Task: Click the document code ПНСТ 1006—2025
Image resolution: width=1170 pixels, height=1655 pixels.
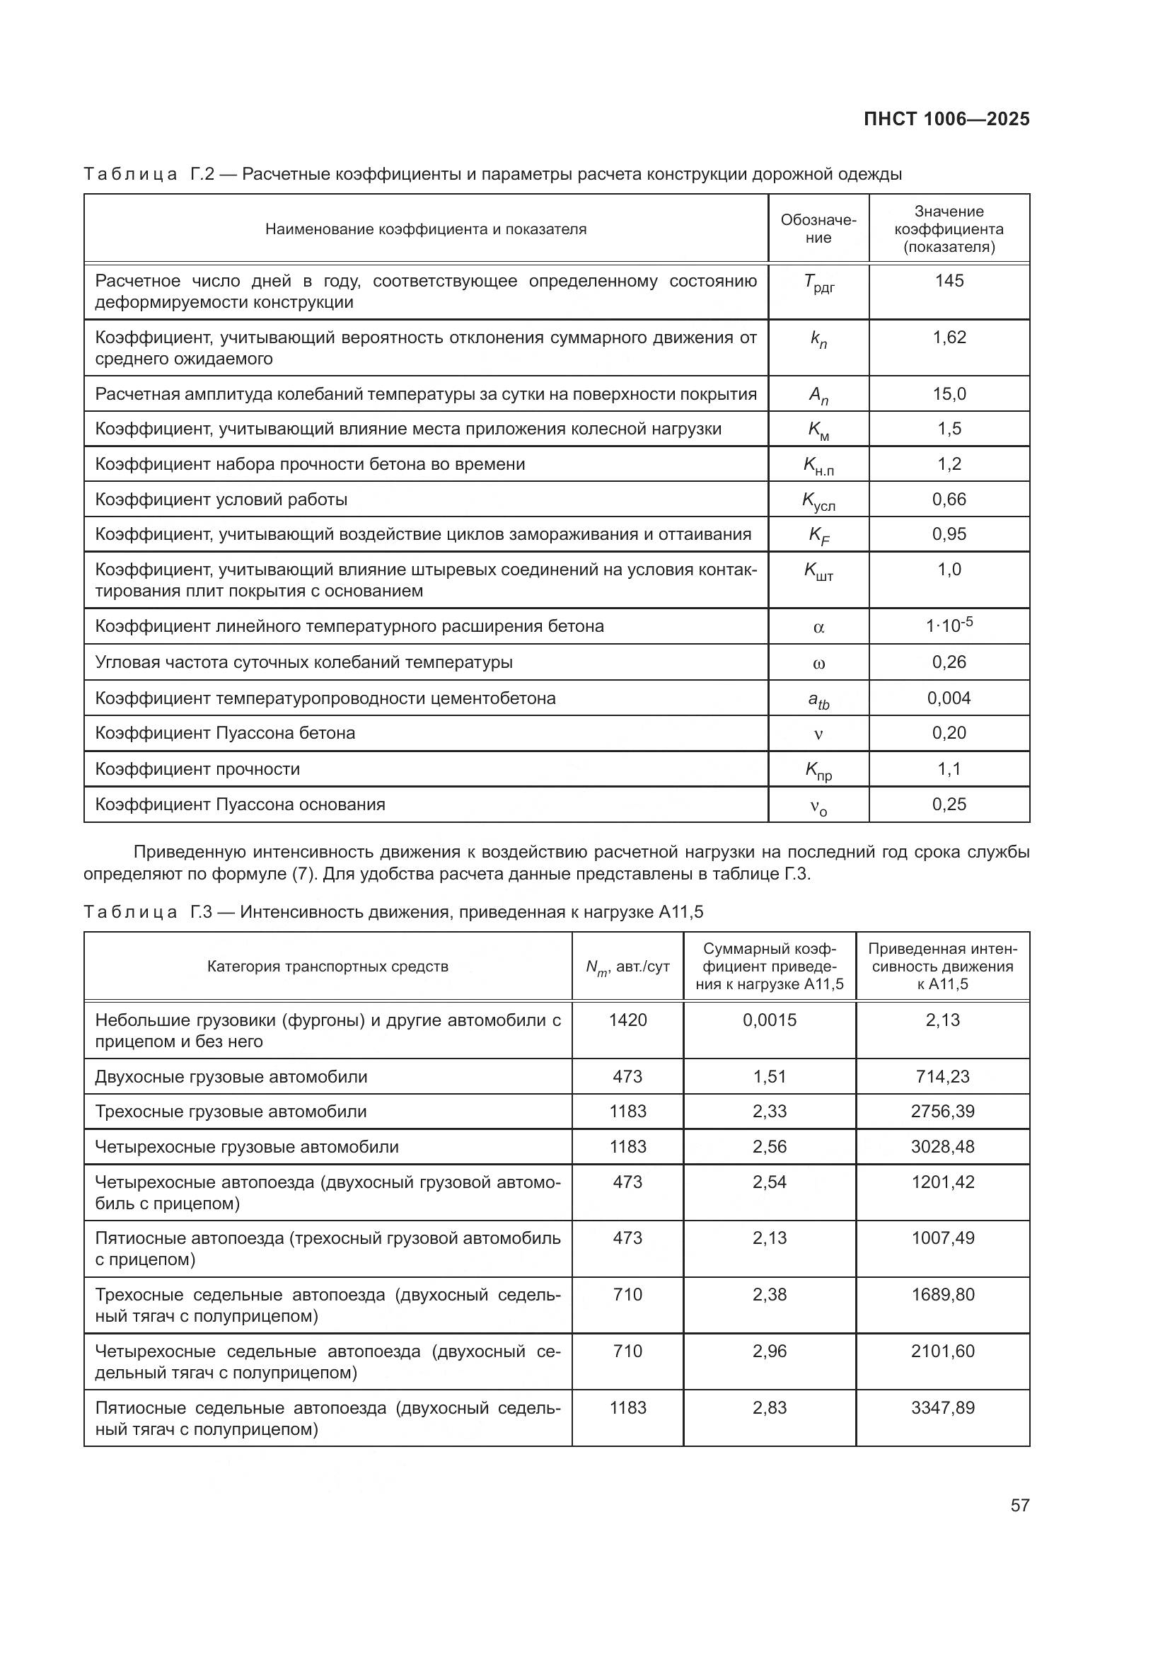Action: pos(946,119)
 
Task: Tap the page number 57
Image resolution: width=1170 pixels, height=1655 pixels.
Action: pos(1019,1504)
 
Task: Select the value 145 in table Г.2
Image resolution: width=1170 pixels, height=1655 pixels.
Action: pos(949,280)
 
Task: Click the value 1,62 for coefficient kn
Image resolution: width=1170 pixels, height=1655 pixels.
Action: pos(949,338)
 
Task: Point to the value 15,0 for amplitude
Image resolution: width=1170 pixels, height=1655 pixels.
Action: pos(949,394)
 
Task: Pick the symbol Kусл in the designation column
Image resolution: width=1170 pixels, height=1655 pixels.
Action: pos(818,501)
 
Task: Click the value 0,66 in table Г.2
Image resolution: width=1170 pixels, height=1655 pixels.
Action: pos(949,500)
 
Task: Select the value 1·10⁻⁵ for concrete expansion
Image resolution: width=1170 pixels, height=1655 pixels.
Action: pos(949,625)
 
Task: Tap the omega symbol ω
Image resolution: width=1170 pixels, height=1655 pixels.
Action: pos(818,663)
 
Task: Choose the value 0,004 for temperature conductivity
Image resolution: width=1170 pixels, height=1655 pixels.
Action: pos(949,698)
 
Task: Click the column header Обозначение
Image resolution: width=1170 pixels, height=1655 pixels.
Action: pos(818,229)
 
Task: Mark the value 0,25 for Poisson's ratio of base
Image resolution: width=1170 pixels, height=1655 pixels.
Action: pos(949,804)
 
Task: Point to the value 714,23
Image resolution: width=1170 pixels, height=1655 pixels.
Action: pos(942,1076)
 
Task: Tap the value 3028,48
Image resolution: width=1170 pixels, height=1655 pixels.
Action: pos(942,1146)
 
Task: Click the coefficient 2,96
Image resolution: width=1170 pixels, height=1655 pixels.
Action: pos(770,1351)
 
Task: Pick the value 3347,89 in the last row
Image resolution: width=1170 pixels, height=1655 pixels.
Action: pos(942,1408)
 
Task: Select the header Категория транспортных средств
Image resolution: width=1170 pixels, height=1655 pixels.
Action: pos(328,966)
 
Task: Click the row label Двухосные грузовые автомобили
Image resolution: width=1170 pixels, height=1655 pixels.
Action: pos(231,1076)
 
